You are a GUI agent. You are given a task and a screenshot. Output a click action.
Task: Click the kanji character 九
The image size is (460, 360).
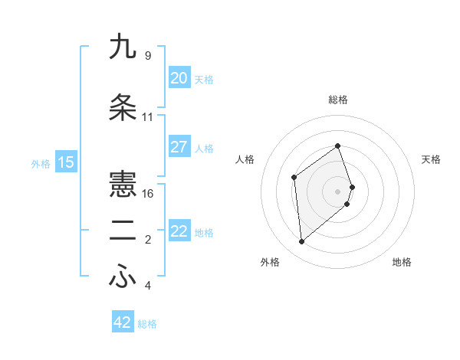point(123,47)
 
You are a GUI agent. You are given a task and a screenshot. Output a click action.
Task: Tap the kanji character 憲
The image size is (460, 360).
point(123,185)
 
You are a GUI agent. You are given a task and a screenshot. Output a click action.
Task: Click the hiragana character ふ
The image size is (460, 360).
point(123,278)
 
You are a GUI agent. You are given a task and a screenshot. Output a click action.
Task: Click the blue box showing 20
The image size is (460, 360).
point(179,78)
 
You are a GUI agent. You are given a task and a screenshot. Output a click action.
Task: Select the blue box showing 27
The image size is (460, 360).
point(179,147)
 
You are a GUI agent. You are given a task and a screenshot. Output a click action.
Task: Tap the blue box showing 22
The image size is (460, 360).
point(179,231)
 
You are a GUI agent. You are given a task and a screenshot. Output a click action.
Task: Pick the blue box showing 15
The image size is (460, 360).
point(66,162)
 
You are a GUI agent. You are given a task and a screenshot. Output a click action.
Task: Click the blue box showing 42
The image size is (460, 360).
point(123,322)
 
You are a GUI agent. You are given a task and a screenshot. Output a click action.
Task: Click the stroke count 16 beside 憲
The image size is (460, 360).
point(148,194)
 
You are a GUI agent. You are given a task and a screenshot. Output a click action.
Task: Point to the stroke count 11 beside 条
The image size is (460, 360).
point(148,117)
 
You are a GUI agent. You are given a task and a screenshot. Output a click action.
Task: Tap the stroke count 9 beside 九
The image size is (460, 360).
point(148,56)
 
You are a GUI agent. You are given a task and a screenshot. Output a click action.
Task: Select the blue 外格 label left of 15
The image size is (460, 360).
point(41,163)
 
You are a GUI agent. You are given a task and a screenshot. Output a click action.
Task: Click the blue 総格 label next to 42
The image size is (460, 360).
point(147,324)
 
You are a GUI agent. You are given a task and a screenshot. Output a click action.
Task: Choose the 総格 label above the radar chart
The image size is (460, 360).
point(338,100)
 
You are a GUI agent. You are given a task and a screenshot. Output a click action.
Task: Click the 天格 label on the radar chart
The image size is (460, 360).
point(432,159)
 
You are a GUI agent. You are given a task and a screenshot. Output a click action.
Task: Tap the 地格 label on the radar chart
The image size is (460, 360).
point(402,262)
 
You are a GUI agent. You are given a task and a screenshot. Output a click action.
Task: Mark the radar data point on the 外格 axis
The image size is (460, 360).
point(301,242)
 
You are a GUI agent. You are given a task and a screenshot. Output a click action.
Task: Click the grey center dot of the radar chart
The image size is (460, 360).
point(338,191)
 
